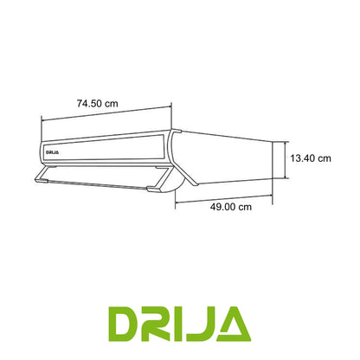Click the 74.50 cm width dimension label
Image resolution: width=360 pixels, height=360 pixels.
pos(97,103)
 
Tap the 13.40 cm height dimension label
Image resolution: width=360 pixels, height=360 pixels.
pos(312,158)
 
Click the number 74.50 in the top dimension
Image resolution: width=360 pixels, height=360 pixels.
pos(87,103)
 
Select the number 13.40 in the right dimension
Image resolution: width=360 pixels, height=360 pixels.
pos(303,158)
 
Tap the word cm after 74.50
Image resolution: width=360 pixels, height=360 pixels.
pos(112,103)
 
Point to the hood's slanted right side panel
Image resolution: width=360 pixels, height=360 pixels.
pos(225,160)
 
